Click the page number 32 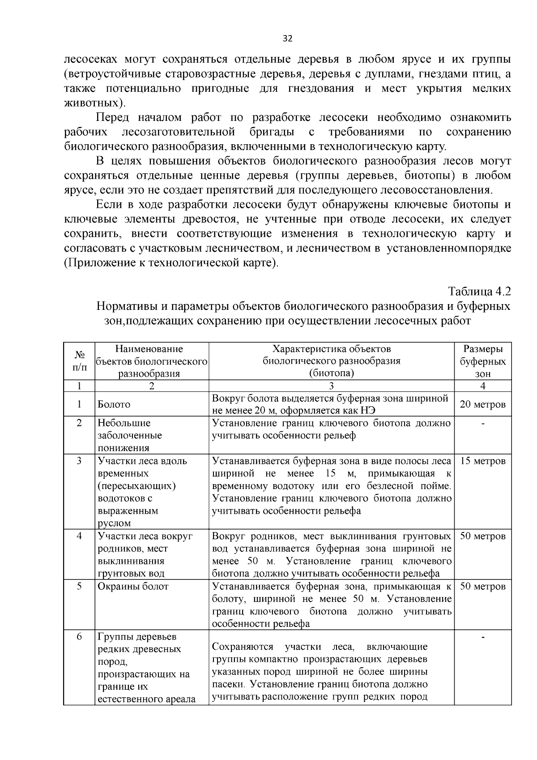[287, 39]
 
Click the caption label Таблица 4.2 [479, 291]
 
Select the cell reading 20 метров [482, 404]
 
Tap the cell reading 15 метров [482, 461]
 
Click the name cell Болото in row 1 [114, 404]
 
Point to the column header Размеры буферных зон [482, 361]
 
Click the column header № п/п [79, 361]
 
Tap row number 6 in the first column [79, 636]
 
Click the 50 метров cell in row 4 [482, 537]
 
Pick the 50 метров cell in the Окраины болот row [482, 587]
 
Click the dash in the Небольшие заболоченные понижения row [482, 423]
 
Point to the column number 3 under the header [331, 386]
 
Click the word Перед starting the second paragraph [112, 118]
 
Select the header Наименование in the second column [149, 349]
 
